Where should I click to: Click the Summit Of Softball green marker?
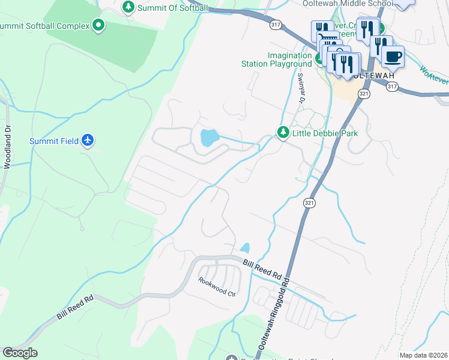128,7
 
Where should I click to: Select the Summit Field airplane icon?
88,140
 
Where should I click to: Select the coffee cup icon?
393,57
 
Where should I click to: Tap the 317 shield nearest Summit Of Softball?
276,25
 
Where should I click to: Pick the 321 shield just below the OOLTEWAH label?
364,94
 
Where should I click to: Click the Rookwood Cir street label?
217,293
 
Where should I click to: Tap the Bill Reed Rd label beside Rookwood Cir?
262,268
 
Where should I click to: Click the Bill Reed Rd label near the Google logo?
75,307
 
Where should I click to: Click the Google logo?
20,353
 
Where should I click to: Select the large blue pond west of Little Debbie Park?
208,138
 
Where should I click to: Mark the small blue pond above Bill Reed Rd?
245,248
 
